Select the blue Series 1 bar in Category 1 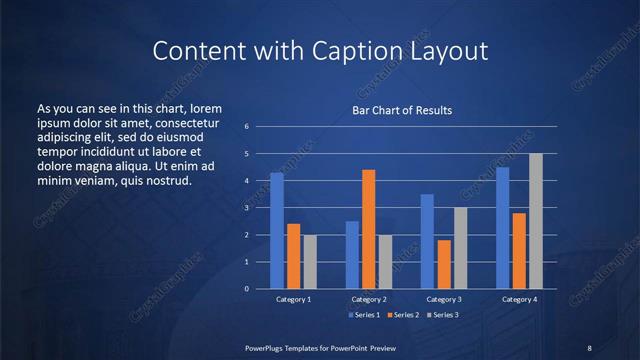coord(277,231)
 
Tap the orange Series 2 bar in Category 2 coord(368,229)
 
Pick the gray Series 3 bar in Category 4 coord(536,221)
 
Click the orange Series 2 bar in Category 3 coord(443,264)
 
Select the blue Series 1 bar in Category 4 coord(503,228)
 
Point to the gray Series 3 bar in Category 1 coord(309,262)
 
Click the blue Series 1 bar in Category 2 coord(352,255)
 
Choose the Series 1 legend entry coord(363,315)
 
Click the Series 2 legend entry coord(404,315)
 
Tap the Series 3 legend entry coord(444,315)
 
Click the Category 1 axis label coord(293,299)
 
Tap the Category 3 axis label coord(443,299)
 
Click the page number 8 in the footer coord(589,347)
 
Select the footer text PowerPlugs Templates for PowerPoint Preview coord(319,347)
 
